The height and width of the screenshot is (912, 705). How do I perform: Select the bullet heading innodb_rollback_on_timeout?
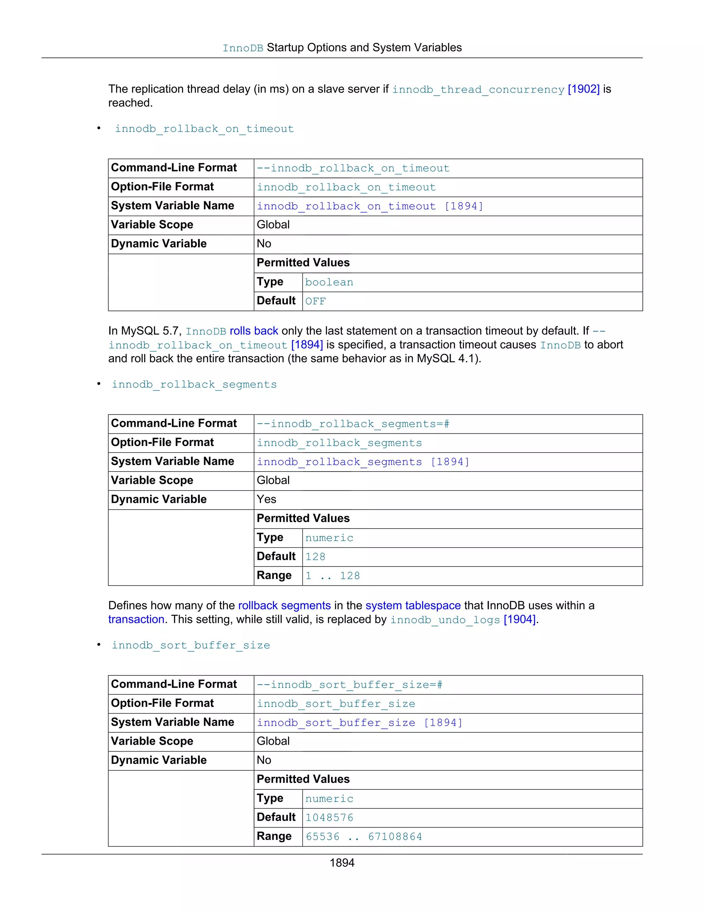click(x=204, y=129)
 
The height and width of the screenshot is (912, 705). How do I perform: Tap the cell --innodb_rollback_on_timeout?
click(x=353, y=168)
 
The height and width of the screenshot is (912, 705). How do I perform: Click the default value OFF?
click(x=315, y=301)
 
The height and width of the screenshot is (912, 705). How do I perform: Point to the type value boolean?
click(x=329, y=282)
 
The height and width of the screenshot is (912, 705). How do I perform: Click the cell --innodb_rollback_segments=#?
click(x=353, y=424)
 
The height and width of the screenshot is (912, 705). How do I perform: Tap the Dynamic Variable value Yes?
click(x=266, y=499)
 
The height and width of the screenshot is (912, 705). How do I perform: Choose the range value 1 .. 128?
click(x=333, y=576)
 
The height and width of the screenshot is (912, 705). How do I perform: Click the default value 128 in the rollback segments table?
click(x=315, y=556)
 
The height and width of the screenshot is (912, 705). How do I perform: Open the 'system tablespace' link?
click(x=413, y=605)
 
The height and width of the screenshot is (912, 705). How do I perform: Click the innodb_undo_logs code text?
click(x=445, y=620)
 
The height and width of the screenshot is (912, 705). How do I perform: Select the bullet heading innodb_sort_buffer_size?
click(x=191, y=645)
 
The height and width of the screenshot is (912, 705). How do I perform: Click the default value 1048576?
click(x=329, y=818)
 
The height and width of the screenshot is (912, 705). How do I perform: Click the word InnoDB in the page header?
click(x=243, y=48)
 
